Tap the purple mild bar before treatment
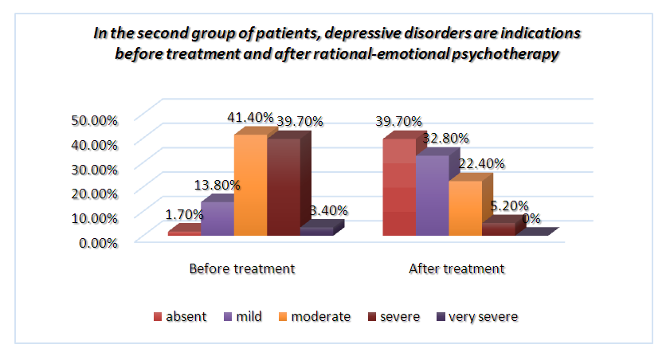point(217,218)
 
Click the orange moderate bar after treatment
point(465,208)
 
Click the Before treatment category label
point(242,268)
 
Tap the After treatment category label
point(456,268)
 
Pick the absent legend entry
point(180,316)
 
